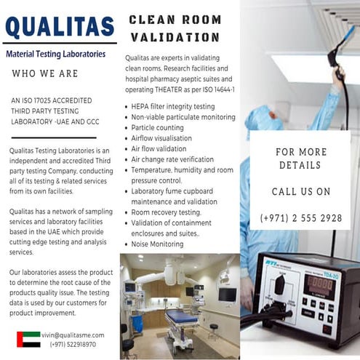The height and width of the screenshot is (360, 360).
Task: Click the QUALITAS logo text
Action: coord(60,28)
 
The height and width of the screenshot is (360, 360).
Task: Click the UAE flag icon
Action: coord(28,339)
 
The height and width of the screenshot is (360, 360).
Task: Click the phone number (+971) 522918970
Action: coord(73,344)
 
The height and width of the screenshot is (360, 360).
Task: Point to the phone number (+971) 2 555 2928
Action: coord(300,218)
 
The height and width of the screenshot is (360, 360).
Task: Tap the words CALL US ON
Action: coord(300,192)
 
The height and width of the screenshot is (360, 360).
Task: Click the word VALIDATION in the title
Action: coord(175,37)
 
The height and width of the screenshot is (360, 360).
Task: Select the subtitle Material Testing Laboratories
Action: coord(55,54)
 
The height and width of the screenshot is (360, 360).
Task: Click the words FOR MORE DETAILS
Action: coord(300,159)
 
